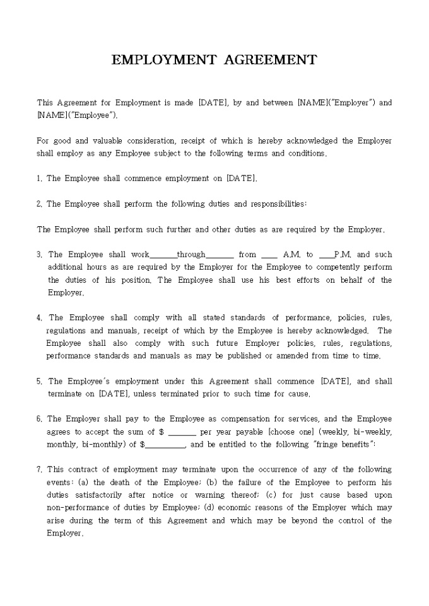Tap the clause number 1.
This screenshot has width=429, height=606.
tap(39, 178)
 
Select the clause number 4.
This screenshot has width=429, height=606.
tap(39, 317)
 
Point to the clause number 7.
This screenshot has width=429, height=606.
tap(39, 469)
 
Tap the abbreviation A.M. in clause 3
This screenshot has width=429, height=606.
tap(291, 254)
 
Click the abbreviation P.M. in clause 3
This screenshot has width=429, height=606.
tap(343, 254)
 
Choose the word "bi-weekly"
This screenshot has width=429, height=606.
tap(370, 432)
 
